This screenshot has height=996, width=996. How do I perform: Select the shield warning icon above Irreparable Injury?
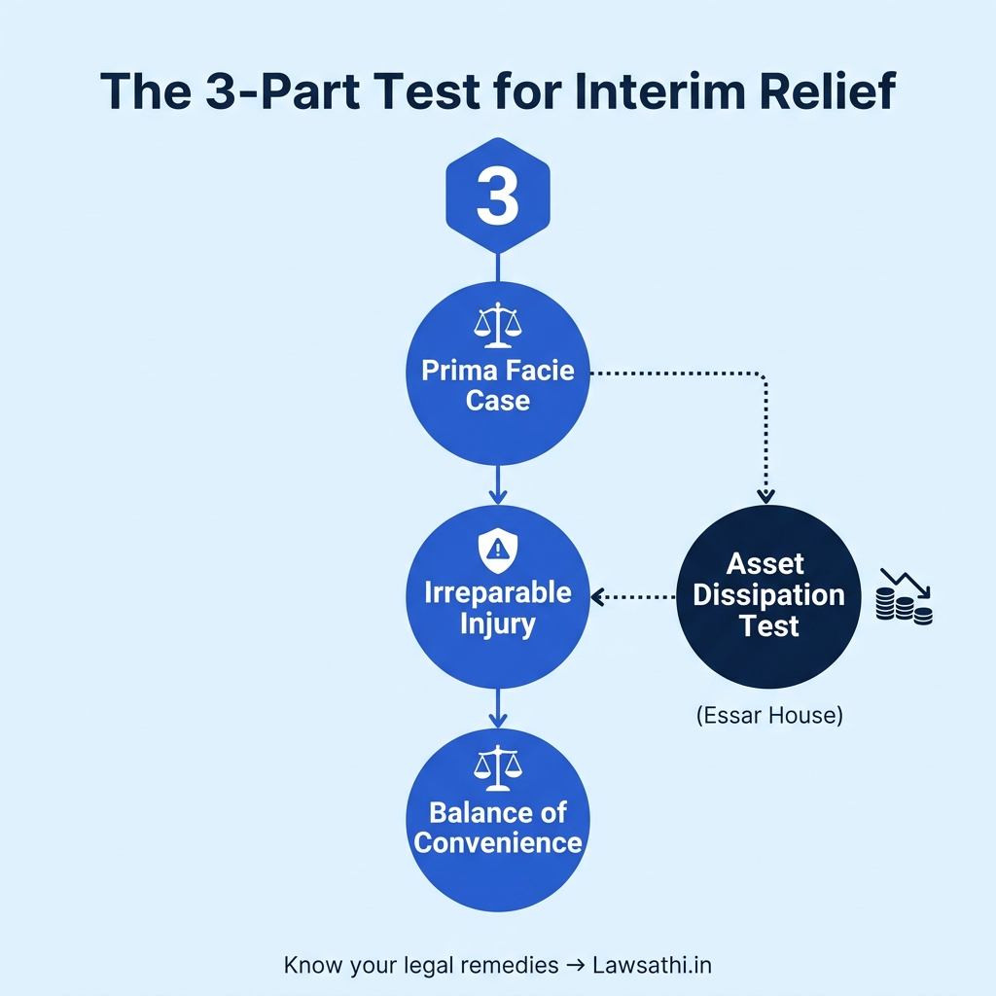(x=497, y=551)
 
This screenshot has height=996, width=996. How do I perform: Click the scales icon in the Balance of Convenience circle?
(x=497, y=768)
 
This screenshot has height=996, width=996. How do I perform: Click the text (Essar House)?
(x=769, y=716)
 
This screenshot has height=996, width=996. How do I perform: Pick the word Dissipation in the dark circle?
(x=769, y=594)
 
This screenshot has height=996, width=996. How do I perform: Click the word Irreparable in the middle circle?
(x=497, y=592)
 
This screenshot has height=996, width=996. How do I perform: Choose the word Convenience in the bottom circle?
(x=497, y=842)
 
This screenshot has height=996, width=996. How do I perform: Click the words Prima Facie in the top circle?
(x=497, y=371)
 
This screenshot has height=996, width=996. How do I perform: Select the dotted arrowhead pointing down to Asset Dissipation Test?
(x=765, y=496)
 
